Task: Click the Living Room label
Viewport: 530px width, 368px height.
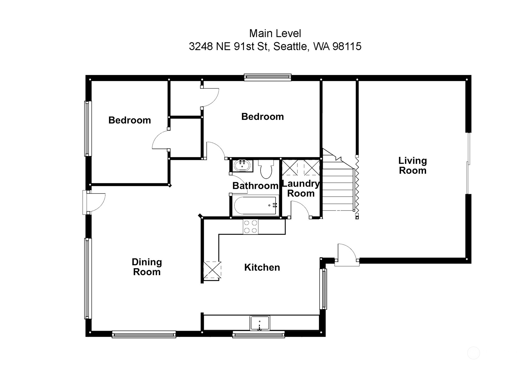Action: pos(412,166)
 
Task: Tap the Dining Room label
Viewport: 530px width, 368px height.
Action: pos(147,267)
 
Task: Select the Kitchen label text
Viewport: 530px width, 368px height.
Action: pos(262,267)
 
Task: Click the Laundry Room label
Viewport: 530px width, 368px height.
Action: pos(300,188)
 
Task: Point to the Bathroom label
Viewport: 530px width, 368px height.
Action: pos(255,186)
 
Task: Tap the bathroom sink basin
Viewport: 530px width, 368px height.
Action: pos(242,166)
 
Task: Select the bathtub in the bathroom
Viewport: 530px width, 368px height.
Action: pos(255,206)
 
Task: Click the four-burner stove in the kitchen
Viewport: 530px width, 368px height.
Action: pos(250,227)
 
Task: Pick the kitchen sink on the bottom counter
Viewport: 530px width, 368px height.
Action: pos(260,323)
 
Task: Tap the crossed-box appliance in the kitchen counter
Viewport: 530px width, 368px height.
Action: pos(212,270)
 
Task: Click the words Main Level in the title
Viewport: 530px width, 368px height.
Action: pos(275,33)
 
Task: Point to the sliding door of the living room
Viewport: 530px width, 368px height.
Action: pos(468,163)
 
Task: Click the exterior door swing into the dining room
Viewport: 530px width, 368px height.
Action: pos(96,202)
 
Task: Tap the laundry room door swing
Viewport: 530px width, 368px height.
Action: pos(300,210)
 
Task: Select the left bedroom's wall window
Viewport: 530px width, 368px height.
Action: pos(88,129)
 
